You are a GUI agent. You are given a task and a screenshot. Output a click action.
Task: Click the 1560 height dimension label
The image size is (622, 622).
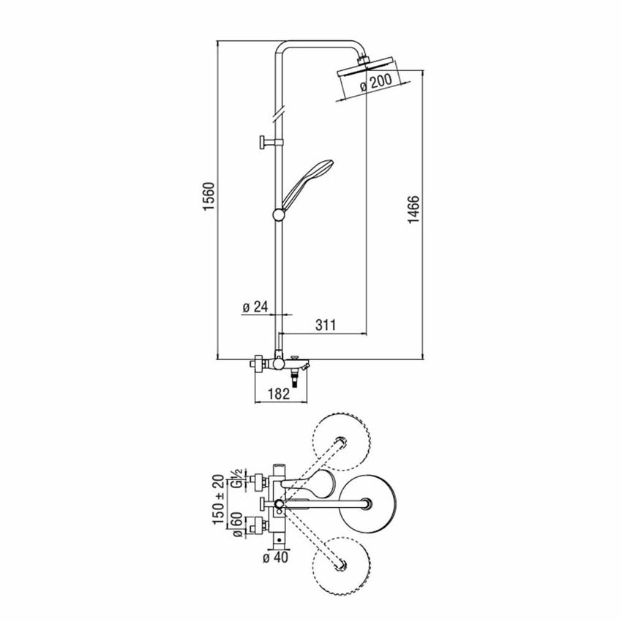tap(209, 196)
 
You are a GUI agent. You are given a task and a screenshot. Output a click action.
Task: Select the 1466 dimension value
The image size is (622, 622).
tap(413, 209)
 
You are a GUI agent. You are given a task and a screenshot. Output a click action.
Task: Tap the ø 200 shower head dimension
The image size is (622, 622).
tap(375, 83)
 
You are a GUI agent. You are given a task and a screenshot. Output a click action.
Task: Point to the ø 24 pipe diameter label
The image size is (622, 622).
tap(255, 307)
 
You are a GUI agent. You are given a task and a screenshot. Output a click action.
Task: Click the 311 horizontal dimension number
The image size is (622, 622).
tap(326, 325)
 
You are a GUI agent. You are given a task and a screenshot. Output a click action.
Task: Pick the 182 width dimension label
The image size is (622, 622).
tap(280, 394)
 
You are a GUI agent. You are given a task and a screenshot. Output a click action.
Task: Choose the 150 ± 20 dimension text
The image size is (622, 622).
tap(220, 499)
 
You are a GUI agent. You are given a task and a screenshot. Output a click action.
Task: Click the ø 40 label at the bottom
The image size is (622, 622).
tap(276, 558)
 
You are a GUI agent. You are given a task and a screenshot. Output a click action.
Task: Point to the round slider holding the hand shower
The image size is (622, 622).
tap(280, 214)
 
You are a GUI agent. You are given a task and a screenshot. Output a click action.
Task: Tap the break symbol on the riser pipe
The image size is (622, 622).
tap(279, 114)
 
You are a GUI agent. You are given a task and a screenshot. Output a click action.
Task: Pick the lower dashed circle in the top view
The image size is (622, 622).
tap(342, 566)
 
